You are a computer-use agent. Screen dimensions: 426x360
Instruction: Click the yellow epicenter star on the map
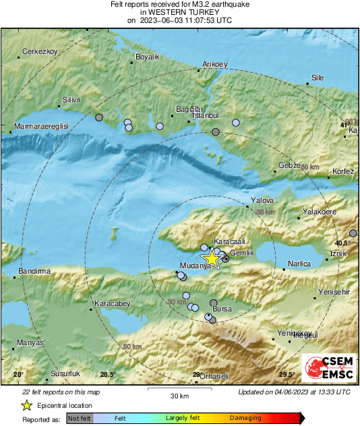coord(212,258)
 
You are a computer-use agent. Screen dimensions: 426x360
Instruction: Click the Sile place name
coord(317,78)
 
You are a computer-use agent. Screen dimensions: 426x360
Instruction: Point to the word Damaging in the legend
coord(245,418)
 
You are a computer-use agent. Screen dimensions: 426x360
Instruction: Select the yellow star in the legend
coord(26,406)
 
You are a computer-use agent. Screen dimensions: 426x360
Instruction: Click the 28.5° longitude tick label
coord(108,375)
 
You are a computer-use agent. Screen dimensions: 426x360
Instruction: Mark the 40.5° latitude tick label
coord(344,243)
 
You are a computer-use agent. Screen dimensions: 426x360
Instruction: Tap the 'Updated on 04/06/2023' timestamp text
coord(294,392)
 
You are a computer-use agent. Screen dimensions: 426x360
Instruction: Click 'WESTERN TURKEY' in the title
coord(179,12)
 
